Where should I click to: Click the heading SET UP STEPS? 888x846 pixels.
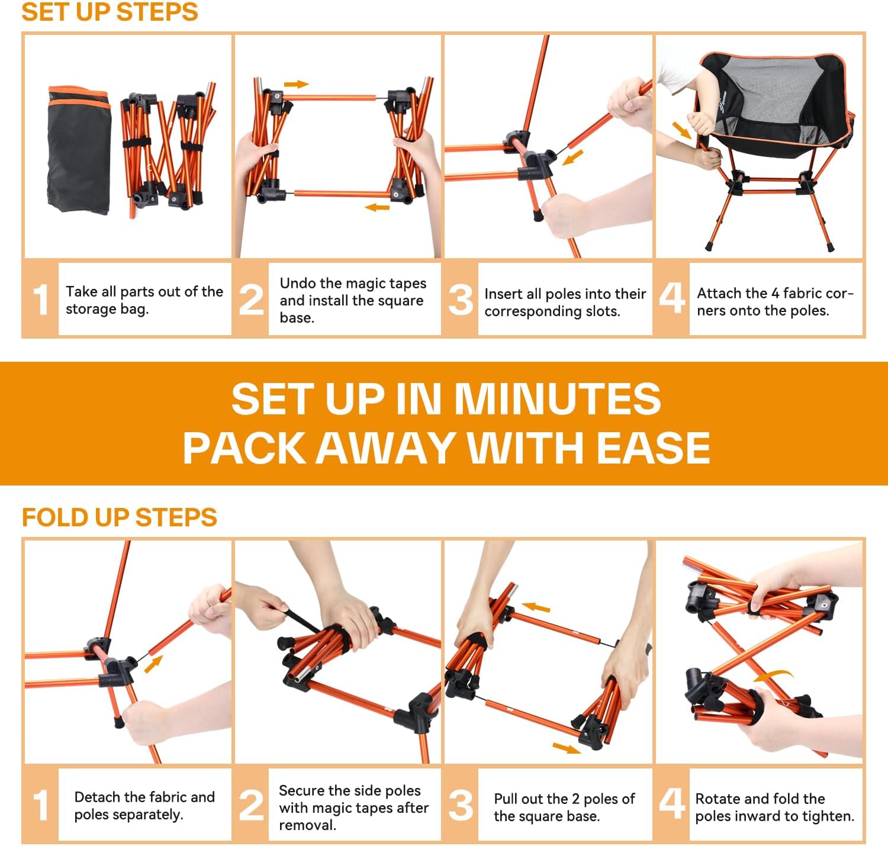(110, 12)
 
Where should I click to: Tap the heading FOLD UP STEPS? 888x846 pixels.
(119, 517)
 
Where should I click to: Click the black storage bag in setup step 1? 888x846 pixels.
(79, 150)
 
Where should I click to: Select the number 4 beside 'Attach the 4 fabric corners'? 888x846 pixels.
(672, 298)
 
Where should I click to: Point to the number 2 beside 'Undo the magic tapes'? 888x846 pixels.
(251, 300)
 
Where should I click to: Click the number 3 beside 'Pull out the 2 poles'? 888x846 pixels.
(461, 805)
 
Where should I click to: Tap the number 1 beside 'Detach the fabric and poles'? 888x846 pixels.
(41, 805)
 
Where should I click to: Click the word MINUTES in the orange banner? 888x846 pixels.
(558, 399)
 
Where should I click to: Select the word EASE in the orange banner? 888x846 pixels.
(653, 448)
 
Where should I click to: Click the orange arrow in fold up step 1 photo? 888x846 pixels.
(153, 664)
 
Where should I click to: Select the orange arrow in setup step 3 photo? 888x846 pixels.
(572, 157)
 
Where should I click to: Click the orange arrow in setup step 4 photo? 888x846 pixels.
(682, 130)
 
